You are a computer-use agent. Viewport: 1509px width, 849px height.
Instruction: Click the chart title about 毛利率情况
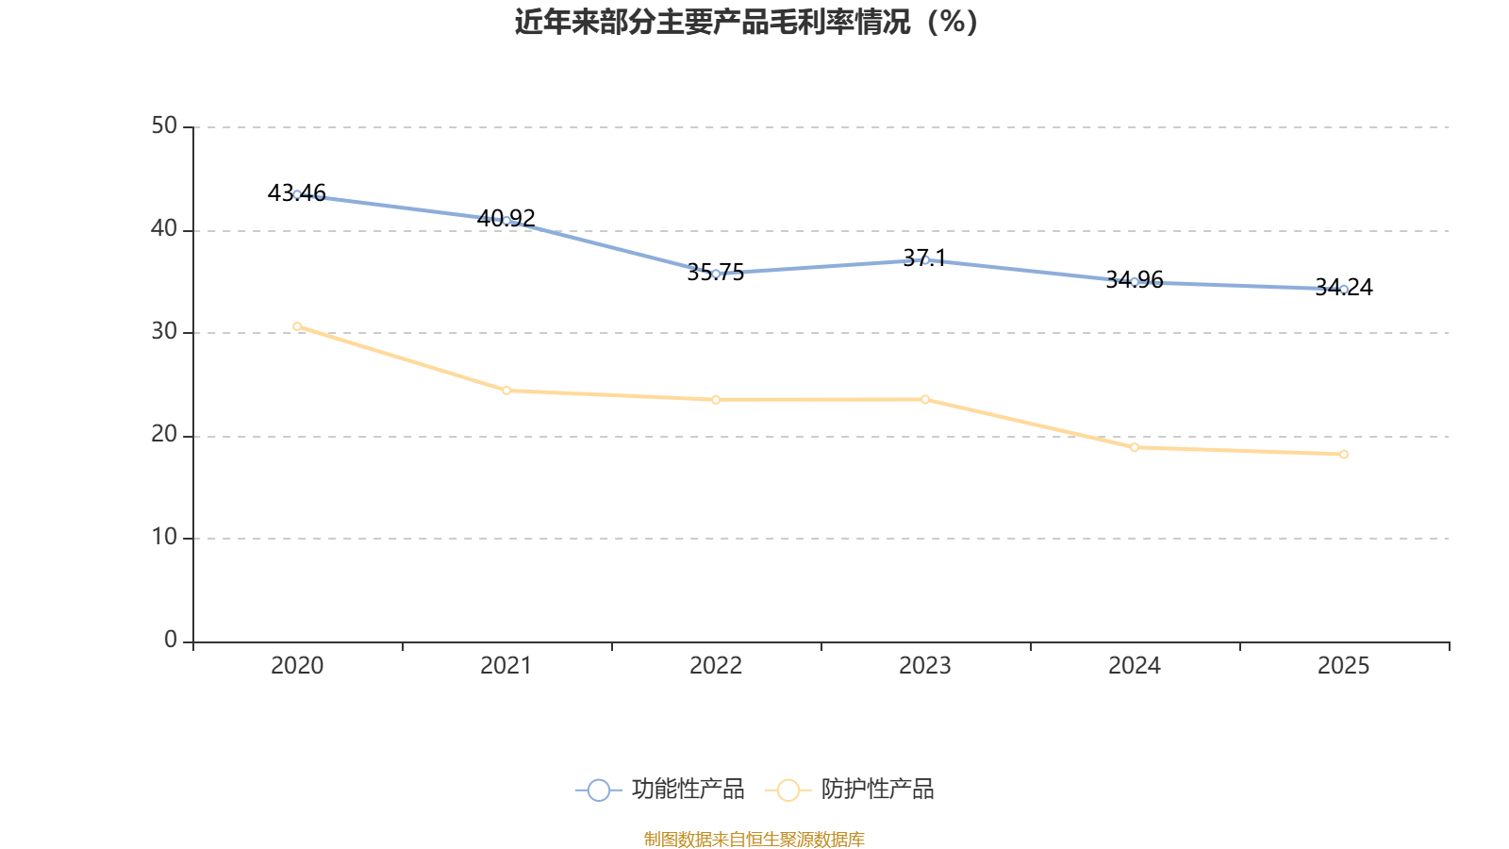[x=746, y=22]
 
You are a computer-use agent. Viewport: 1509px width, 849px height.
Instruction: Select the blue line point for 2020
[x=297, y=194]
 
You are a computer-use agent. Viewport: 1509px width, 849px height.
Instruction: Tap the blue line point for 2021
[x=506, y=221]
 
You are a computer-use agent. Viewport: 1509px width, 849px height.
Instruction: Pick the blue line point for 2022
[x=716, y=274]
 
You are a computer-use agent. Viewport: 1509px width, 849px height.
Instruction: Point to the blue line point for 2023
[x=925, y=259]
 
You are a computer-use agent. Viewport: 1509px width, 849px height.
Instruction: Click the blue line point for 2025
[x=1344, y=290]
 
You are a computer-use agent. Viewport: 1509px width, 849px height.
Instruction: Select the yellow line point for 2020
[x=297, y=326]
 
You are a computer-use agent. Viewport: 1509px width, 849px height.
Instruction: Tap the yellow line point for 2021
[x=506, y=391]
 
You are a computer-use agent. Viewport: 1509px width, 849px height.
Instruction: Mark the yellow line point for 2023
[x=925, y=400]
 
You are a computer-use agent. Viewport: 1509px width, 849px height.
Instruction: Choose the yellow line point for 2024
[x=1135, y=447]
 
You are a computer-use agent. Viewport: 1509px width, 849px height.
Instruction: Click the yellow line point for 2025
[x=1344, y=455]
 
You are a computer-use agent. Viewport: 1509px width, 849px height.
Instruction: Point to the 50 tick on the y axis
[x=164, y=126]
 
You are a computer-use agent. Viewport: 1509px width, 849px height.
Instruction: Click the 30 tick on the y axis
[x=164, y=332]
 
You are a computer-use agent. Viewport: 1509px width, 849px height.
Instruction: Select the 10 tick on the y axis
[x=164, y=538]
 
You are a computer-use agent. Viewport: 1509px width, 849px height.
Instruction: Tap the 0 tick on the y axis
[x=171, y=641]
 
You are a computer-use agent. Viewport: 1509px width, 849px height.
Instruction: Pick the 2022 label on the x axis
[x=716, y=666]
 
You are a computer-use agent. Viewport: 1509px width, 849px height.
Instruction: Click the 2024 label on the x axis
[x=1135, y=666]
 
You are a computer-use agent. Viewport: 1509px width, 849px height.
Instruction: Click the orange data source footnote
[x=754, y=839]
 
